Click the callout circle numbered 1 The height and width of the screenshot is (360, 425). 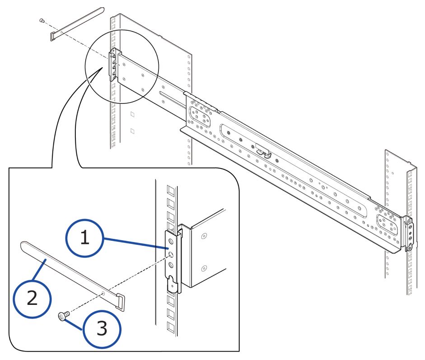[x=85, y=238]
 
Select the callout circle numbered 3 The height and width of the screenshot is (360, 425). [x=102, y=328]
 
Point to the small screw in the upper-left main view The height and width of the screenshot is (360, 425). [x=42, y=20]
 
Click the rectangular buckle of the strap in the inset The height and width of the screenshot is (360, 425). [x=121, y=301]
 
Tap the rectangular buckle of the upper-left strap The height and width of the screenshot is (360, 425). [x=54, y=35]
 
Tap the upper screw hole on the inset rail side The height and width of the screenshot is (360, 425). [x=204, y=236]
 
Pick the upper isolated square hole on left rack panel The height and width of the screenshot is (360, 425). [x=132, y=113]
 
